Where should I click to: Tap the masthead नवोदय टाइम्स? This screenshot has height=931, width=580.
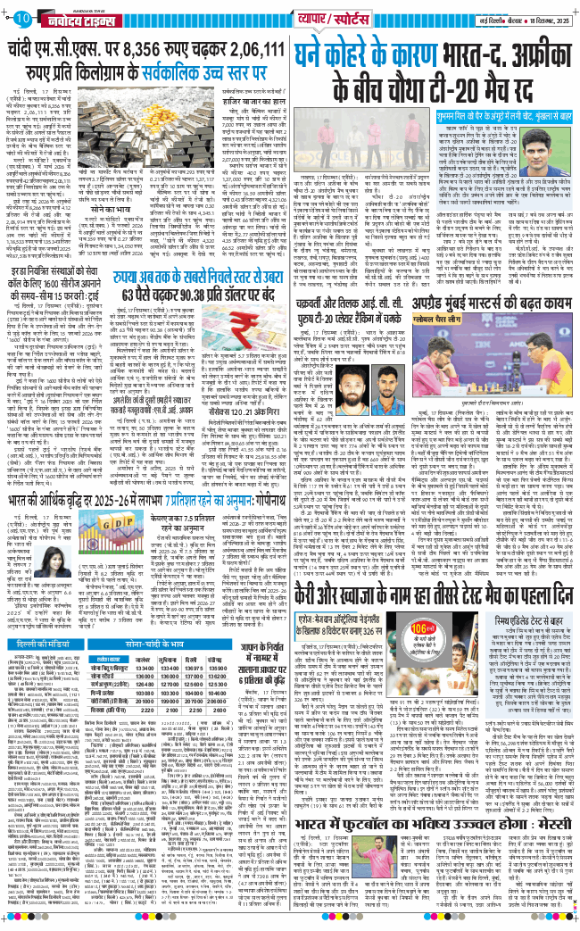[x=74, y=15]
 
